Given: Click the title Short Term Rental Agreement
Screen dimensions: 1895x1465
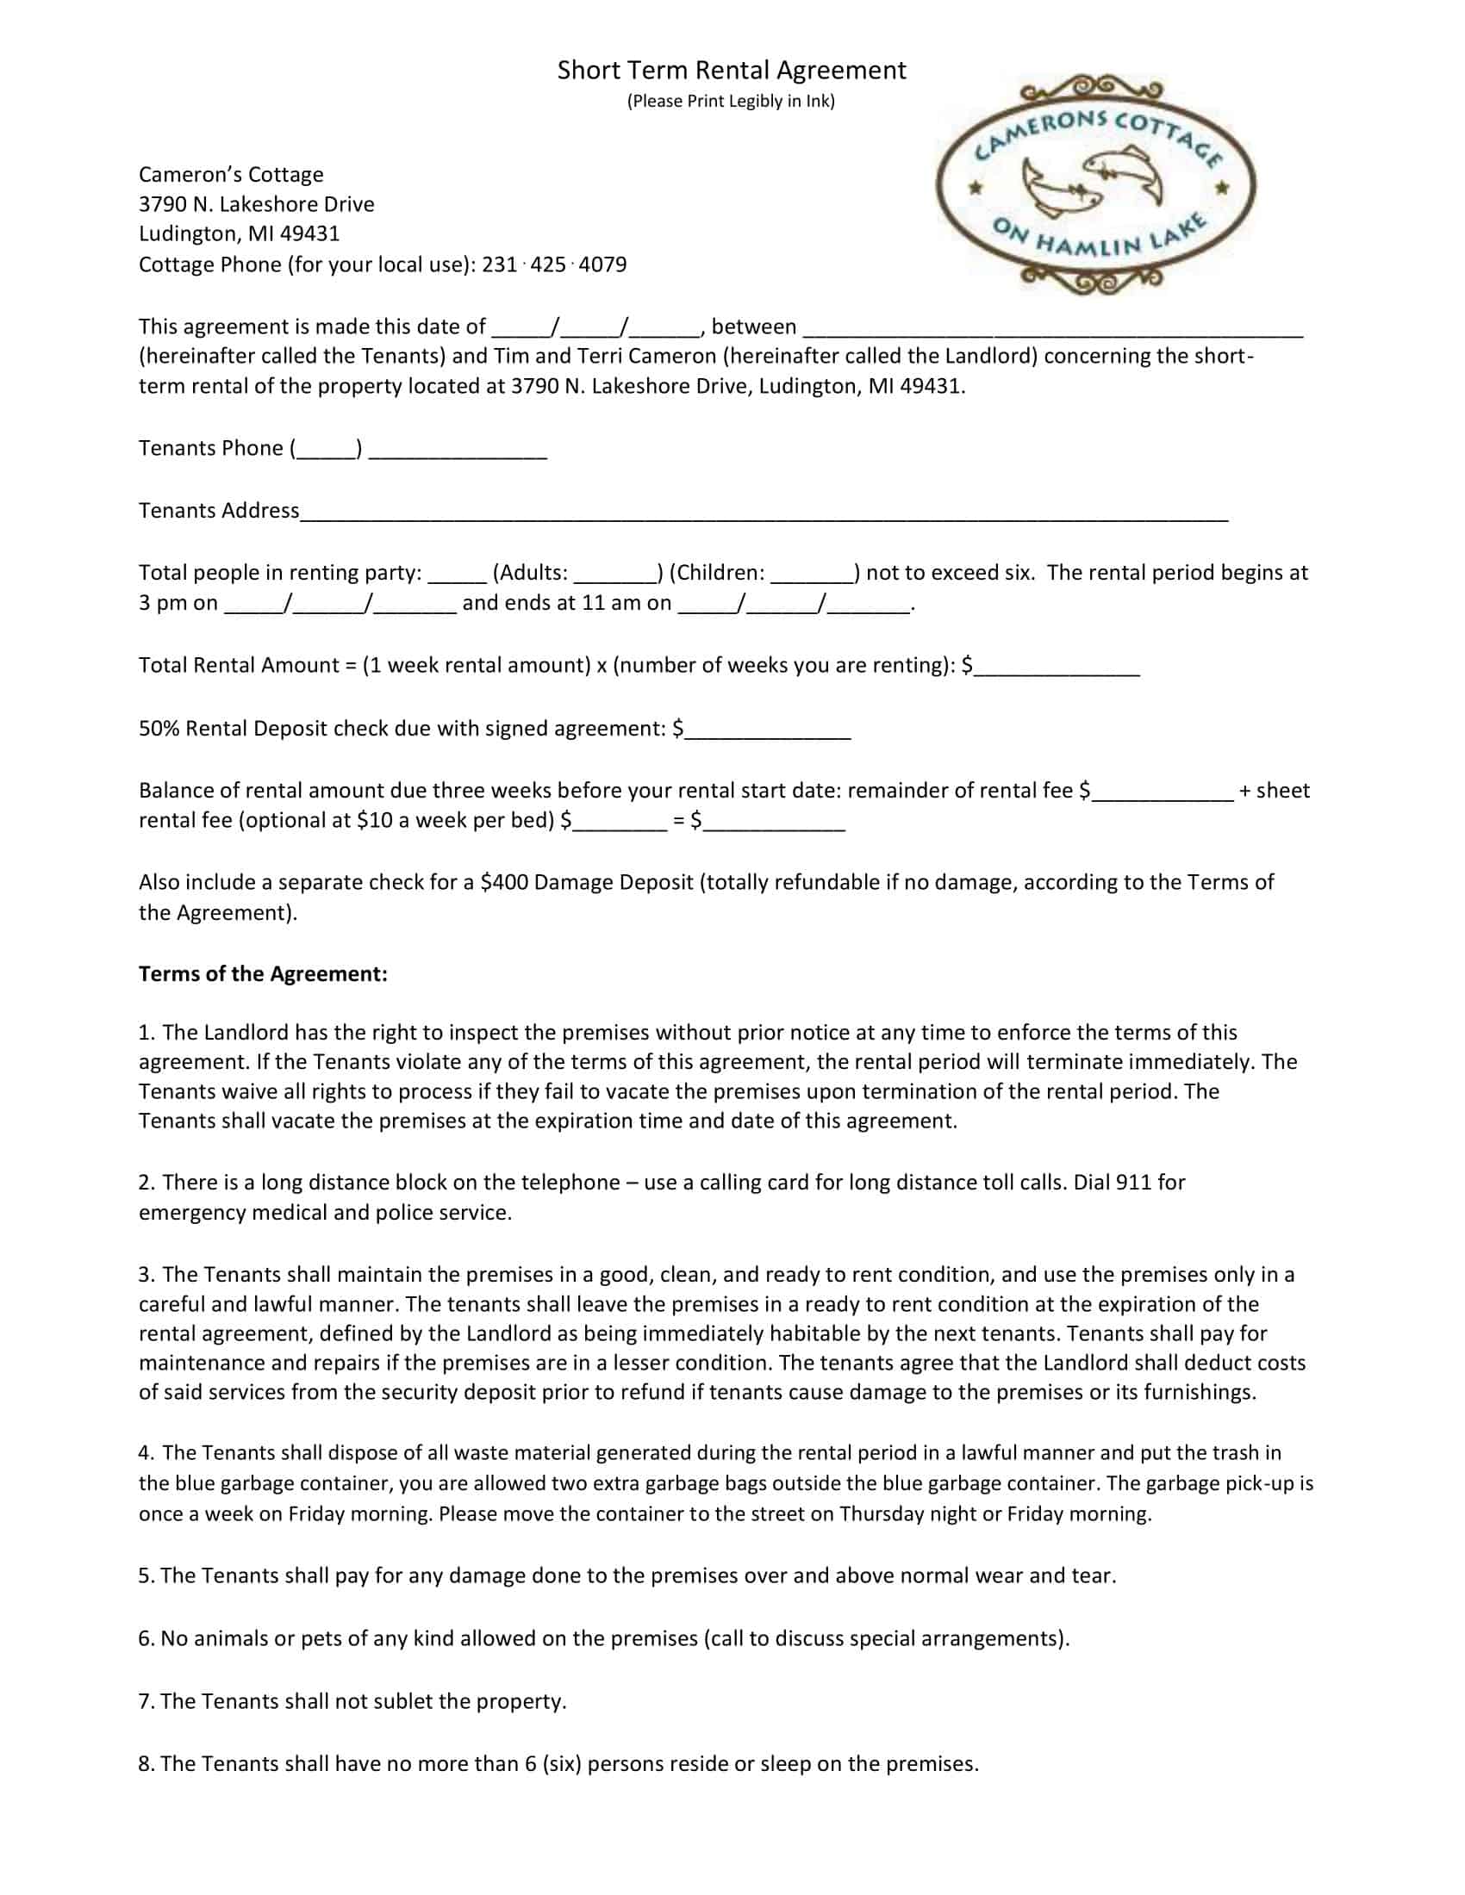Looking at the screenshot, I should click(x=731, y=71).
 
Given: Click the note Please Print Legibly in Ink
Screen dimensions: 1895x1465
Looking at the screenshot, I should click(x=731, y=101).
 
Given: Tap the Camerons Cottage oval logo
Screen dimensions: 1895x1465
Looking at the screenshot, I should click(x=1095, y=185).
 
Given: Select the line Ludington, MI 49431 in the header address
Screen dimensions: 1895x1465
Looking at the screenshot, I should click(x=239, y=233).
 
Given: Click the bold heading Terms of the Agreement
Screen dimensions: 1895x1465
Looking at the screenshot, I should click(x=263, y=974).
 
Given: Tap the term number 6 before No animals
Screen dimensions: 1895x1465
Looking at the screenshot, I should click(x=145, y=1639).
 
